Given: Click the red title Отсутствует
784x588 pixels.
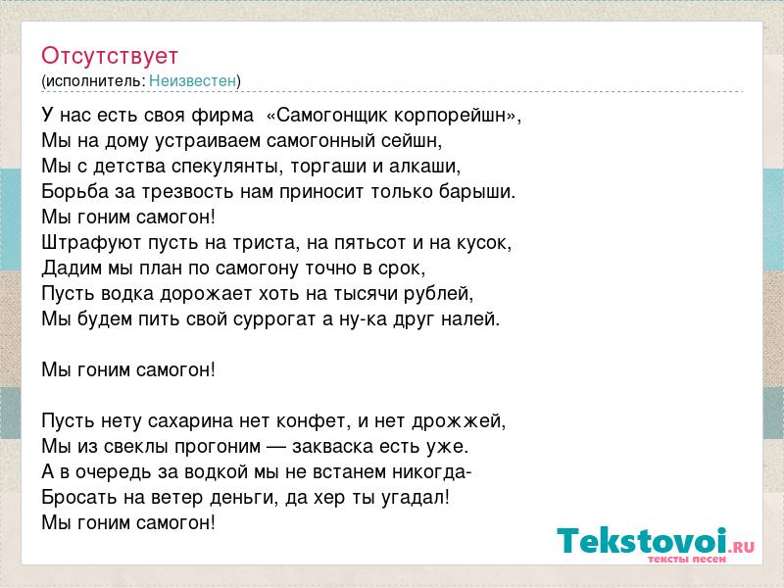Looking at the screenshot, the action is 110,56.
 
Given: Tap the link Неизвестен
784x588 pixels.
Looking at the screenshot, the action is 192,80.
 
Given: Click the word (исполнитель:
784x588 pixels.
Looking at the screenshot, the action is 93,81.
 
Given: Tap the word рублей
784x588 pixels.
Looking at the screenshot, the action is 437,293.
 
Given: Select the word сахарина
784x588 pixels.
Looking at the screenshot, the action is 190,421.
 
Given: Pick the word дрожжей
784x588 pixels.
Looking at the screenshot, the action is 459,421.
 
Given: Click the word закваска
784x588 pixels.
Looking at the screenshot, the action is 332,447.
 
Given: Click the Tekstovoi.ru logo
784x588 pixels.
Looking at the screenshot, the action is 656,545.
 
